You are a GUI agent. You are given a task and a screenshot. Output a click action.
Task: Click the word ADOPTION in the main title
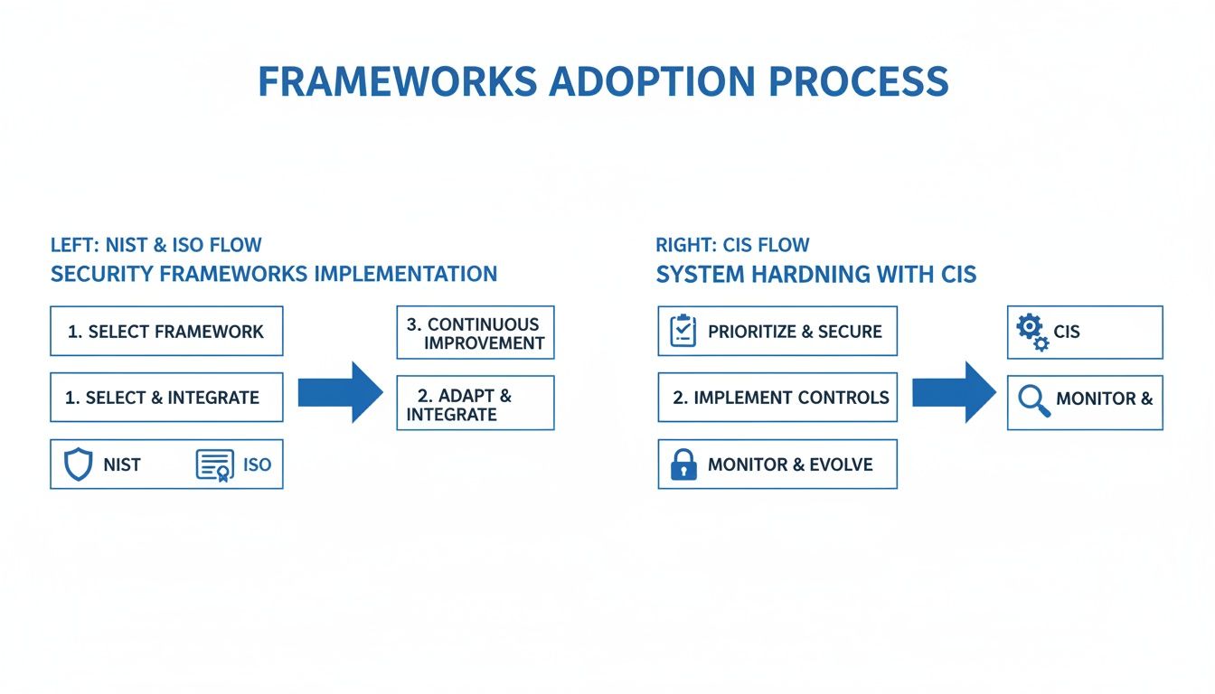point(652,81)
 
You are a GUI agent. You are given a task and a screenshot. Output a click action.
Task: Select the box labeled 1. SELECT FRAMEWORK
point(166,331)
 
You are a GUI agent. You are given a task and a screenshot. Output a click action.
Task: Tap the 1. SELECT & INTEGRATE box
point(166,398)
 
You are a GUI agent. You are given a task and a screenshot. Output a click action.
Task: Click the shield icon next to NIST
point(79,464)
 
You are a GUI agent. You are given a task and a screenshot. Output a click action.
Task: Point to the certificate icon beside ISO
point(214,464)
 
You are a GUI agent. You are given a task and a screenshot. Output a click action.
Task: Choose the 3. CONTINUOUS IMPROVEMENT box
point(475,333)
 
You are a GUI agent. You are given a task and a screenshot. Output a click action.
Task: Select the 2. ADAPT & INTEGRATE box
point(475,403)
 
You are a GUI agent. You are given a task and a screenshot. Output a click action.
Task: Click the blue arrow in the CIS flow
point(953,392)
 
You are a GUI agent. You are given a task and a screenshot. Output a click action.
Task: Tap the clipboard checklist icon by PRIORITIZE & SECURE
point(683,332)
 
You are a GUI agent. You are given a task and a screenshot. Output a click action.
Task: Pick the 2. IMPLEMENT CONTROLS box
point(777,398)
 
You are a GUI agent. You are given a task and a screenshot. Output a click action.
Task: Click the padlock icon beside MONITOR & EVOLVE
point(683,465)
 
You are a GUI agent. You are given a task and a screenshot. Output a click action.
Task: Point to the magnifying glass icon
point(1033,399)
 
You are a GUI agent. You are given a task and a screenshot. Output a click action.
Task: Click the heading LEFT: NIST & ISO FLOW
point(156,245)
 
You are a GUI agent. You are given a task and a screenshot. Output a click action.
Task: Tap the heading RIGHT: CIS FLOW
point(732,245)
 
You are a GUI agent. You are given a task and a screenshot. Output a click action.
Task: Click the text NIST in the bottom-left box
point(122,465)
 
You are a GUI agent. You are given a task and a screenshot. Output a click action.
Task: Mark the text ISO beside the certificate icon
point(257,465)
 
